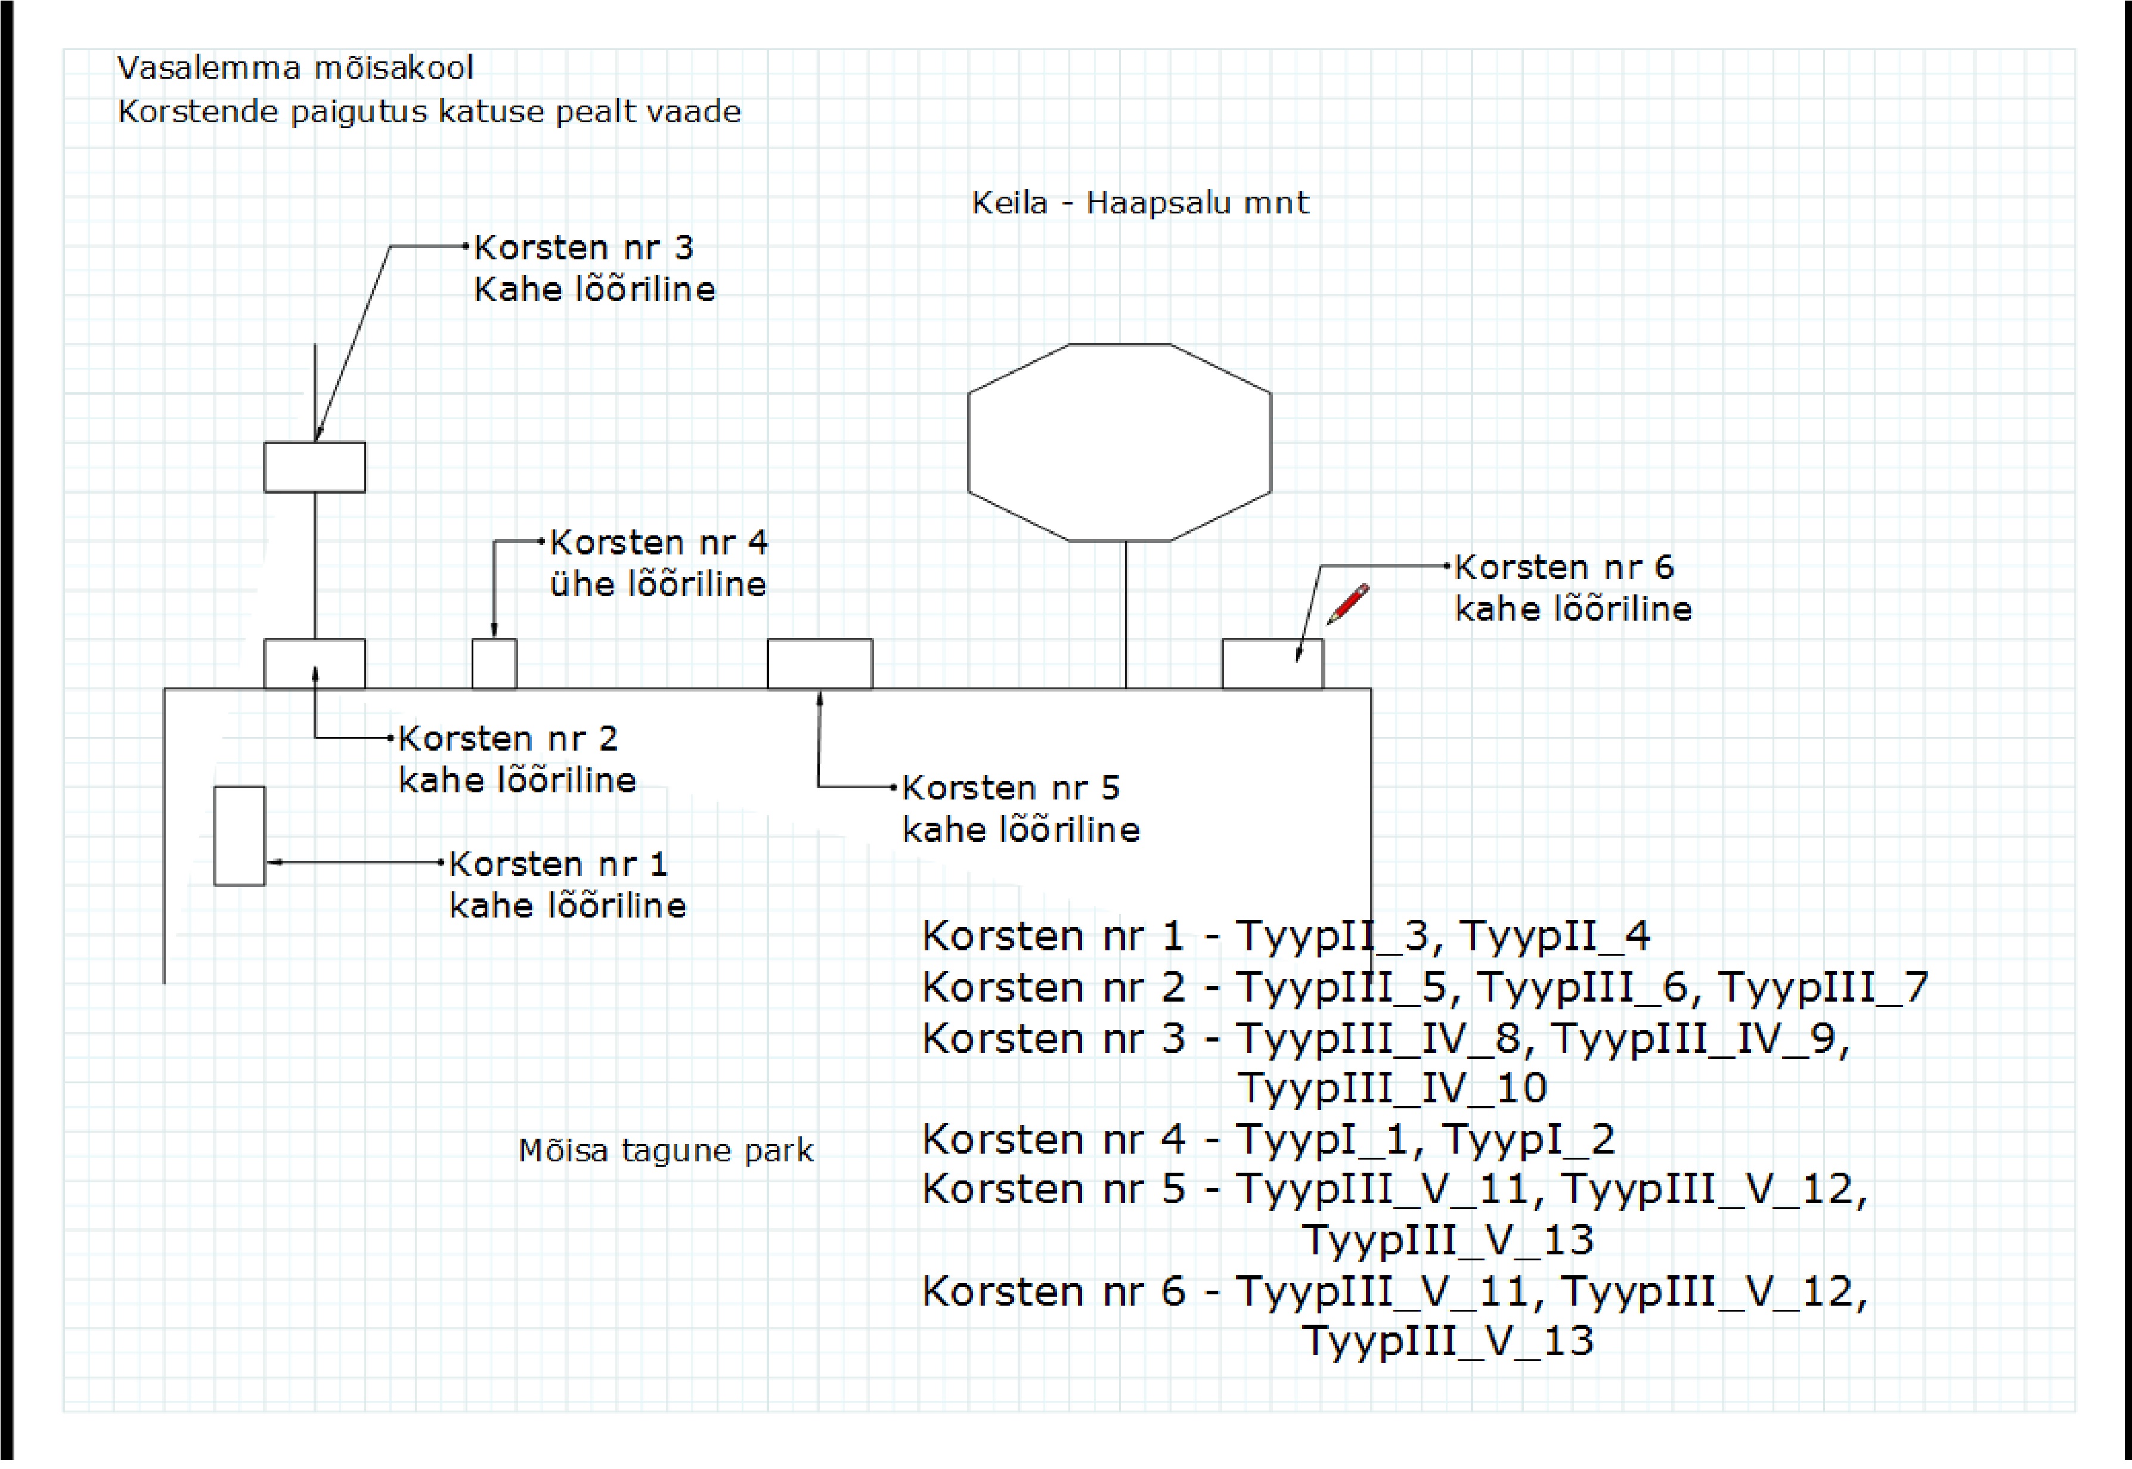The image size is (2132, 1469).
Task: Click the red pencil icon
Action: pos(1347,604)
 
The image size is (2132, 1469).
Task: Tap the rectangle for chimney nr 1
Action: pos(239,836)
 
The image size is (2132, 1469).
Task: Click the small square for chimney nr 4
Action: pos(494,664)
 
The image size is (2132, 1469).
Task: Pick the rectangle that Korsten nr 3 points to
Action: pos(315,467)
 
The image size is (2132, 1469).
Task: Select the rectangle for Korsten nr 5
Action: pos(819,664)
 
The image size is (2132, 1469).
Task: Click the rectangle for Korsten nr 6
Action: pos(1272,664)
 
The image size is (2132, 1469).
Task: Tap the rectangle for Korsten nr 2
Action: pos(315,664)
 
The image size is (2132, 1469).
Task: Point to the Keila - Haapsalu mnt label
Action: pos(1140,203)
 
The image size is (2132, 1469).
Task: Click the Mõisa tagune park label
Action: pos(665,1151)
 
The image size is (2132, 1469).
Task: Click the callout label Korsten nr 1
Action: pos(558,864)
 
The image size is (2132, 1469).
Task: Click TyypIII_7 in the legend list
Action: pos(1823,988)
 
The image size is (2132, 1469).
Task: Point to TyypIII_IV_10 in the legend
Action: pos(1392,1089)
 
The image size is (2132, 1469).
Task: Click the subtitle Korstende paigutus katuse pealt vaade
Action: pos(429,112)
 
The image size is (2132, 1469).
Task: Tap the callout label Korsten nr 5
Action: pos(1011,788)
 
